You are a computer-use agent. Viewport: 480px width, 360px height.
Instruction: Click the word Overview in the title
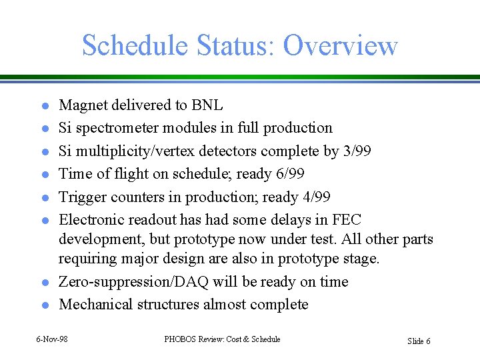tap(340, 45)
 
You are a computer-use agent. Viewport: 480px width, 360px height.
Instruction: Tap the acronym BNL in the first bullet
tap(207, 105)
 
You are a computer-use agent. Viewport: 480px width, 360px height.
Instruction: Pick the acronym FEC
tap(347, 220)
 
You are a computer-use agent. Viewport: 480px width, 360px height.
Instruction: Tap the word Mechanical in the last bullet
tap(95, 305)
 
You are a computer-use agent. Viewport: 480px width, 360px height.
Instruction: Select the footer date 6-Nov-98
tap(52, 339)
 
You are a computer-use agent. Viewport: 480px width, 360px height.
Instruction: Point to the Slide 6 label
tap(419, 341)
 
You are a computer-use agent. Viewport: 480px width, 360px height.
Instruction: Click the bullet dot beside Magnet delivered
tap(42, 106)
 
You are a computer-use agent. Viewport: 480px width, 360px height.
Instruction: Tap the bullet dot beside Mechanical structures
tap(42, 305)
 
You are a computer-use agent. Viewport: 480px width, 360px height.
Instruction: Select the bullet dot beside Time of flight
tap(42, 175)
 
